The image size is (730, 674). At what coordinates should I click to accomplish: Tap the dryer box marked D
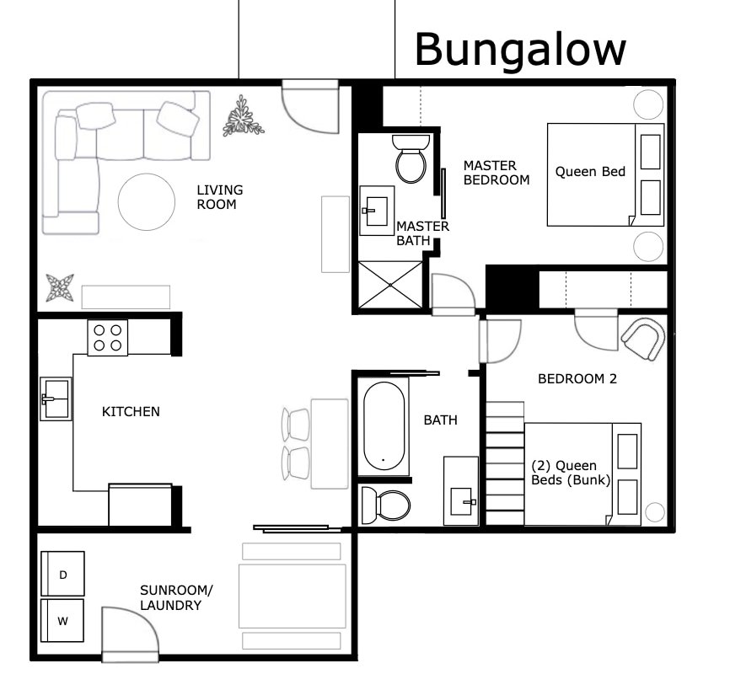63,575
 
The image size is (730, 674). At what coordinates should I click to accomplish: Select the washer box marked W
63,622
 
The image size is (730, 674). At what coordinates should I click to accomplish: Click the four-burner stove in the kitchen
108,339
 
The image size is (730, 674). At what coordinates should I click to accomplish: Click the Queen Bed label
590,172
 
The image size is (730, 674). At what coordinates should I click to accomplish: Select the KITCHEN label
131,412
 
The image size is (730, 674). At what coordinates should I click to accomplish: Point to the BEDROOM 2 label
577,379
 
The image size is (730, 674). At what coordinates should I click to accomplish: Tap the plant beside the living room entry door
244,117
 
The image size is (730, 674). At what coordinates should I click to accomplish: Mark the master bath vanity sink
373,211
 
